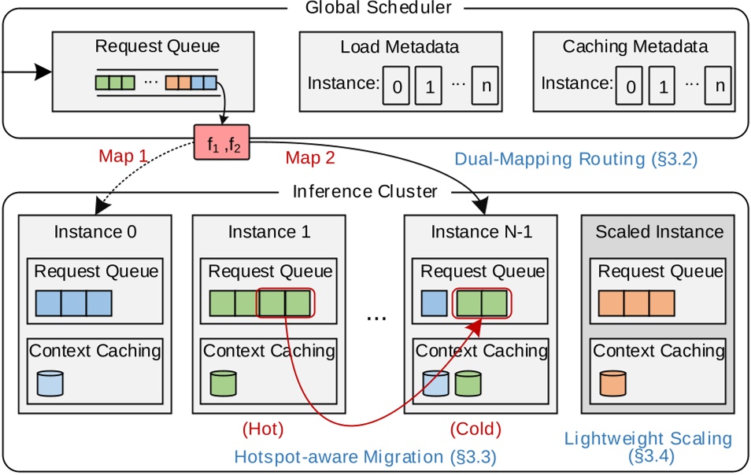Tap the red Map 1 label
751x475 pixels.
point(123,156)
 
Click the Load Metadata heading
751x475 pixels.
point(400,46)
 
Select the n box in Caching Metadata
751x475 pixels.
point(718,86)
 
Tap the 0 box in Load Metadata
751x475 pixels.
point(397,86)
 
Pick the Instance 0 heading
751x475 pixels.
point(95,232)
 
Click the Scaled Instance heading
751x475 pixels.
point(659,232)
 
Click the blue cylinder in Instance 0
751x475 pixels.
point(50,385)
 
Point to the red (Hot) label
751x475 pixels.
point(263,429)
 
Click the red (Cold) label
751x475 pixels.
point(475,429)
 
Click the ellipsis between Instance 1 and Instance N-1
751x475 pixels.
point(377,317)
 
